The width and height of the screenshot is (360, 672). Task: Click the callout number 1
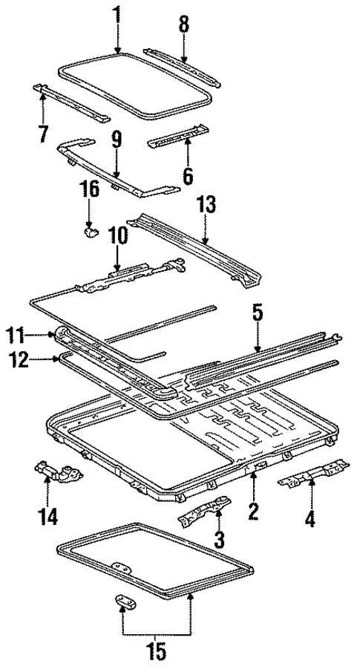(x=117, y=15)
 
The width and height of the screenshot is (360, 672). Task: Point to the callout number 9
(x=116, y=140)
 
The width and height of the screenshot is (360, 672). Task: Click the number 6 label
(x=188, y=176)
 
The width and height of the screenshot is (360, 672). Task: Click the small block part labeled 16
(x=90, y=232)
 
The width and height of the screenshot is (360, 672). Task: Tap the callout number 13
(x=206, y=205)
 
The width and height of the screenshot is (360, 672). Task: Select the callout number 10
(x=117, y=237)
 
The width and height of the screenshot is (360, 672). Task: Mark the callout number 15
(x=156, y=653)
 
